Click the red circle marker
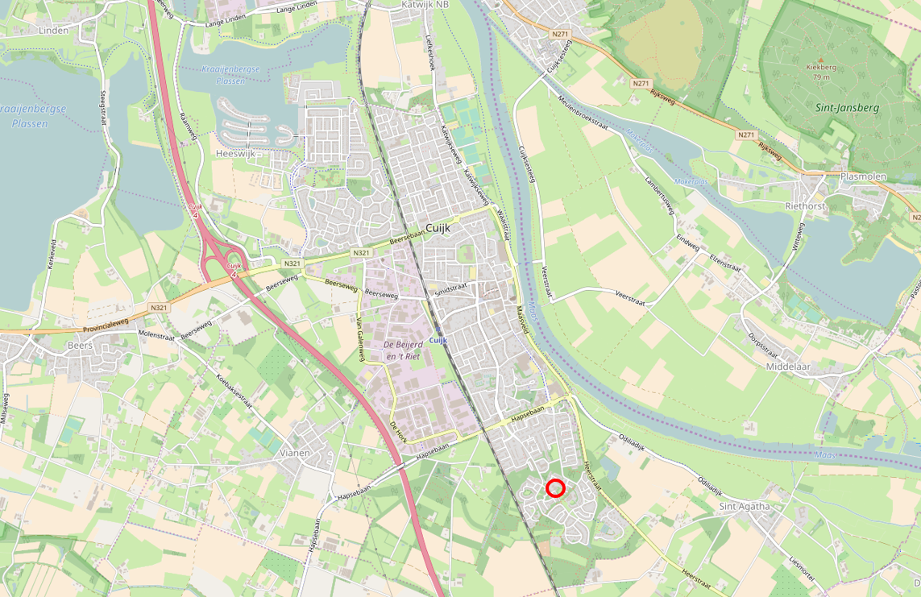tap(555, 487)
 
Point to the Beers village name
tap(80, 345)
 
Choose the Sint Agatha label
tap(744, 506)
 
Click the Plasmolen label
tap(862, 176)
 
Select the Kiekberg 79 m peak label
tap(821, 73)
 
